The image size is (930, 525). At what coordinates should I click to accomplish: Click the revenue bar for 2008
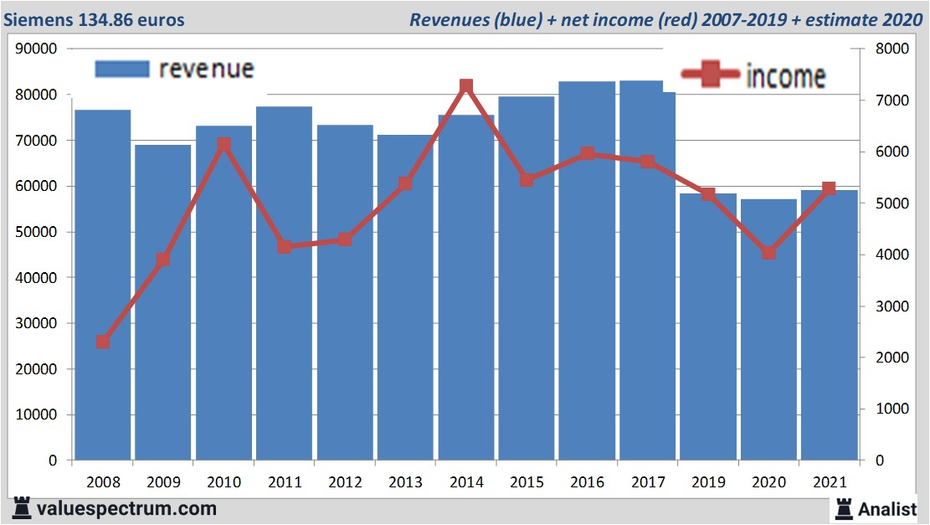[103, 285]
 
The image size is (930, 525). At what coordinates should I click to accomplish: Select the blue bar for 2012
[345, 292]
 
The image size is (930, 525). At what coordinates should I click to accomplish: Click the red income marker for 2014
[466, 86]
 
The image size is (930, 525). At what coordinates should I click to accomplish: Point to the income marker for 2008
[103, 342]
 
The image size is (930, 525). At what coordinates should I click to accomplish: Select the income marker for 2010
[224, 145]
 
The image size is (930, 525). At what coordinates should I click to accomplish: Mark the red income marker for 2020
[768, 252]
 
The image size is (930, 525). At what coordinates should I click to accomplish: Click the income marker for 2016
[587, 153]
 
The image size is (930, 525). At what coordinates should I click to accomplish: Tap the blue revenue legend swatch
[122, 69]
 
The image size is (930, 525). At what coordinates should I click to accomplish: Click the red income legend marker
[710, 75]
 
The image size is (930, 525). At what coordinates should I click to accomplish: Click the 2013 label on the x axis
[405, 483]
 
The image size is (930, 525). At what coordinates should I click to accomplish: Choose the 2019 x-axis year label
[708, 483]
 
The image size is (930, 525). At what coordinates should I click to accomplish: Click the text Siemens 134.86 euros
[94, 19]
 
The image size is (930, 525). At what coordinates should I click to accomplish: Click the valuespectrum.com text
[126, 508]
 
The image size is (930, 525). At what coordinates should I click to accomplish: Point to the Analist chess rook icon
[844, 507]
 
